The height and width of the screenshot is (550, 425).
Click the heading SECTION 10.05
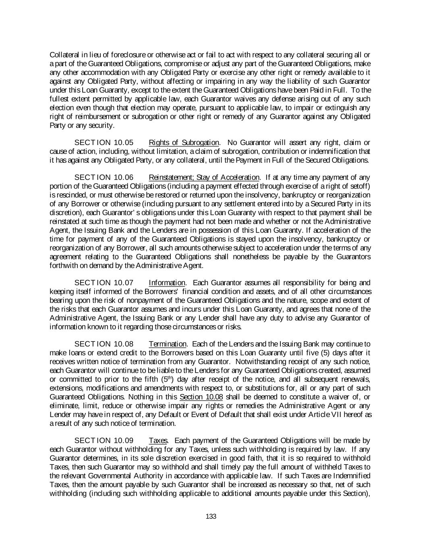[x=104, y=143]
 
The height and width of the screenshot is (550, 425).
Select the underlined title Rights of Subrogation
[x=184, y=143]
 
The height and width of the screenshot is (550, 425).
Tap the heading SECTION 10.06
[x=104, y=178]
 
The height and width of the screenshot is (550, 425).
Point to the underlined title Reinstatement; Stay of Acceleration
[x=204, y=178]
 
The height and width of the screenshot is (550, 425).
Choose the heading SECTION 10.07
[x=104, y=283]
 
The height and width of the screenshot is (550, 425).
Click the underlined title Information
[x=167, y=283]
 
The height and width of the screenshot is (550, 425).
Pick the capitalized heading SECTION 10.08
[x=104, y=344]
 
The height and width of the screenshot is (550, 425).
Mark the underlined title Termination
[x=168, y=344]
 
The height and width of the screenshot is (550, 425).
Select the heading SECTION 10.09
[x=104, y=440]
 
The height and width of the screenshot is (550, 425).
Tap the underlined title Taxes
[x=158, y=440]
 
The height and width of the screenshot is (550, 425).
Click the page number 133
[x=211, y=516]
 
